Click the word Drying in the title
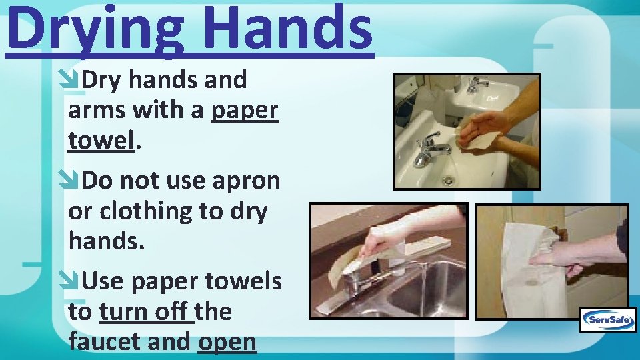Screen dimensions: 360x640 (91, 28)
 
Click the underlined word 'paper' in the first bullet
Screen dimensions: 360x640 (244, 111)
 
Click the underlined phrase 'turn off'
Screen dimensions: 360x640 (146, 312)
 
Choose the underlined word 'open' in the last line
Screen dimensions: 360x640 (227, 342)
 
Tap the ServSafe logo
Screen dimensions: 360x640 (607, 320)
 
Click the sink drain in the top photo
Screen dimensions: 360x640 (448, 179)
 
